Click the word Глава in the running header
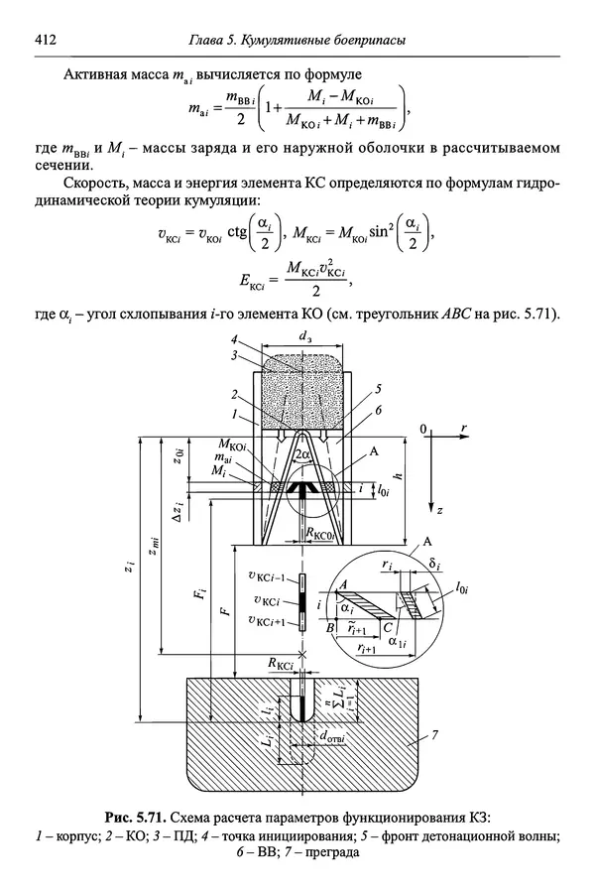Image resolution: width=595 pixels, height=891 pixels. click(x=209, y=40)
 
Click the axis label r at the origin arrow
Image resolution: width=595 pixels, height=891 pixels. click(x=464, y=428)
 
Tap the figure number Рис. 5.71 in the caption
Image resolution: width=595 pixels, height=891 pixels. click(x=135, y=817)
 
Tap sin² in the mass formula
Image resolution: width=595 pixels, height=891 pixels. click(x=375, y=234)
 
